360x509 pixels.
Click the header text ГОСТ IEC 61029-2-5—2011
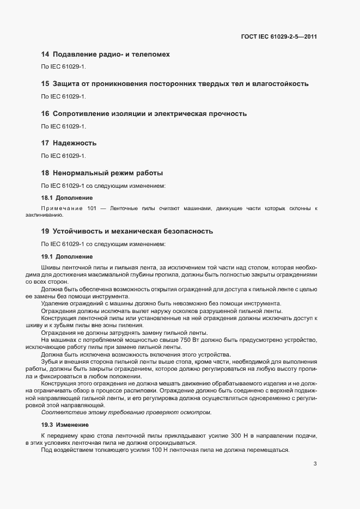click(x=279, y=37)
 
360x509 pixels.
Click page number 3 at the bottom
click(x=315, y=464)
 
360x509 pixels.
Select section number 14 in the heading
click(x=45, y=54)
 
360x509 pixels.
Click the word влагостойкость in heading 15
click(x=279, y=84)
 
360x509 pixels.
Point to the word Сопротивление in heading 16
click(x=83, y=114)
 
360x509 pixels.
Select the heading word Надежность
click(x=75, y=143)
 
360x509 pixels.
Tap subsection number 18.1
click(x=47, y=198)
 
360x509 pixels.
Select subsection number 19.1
click(x=47, y=256)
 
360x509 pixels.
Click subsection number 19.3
click(x=47, y=424)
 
